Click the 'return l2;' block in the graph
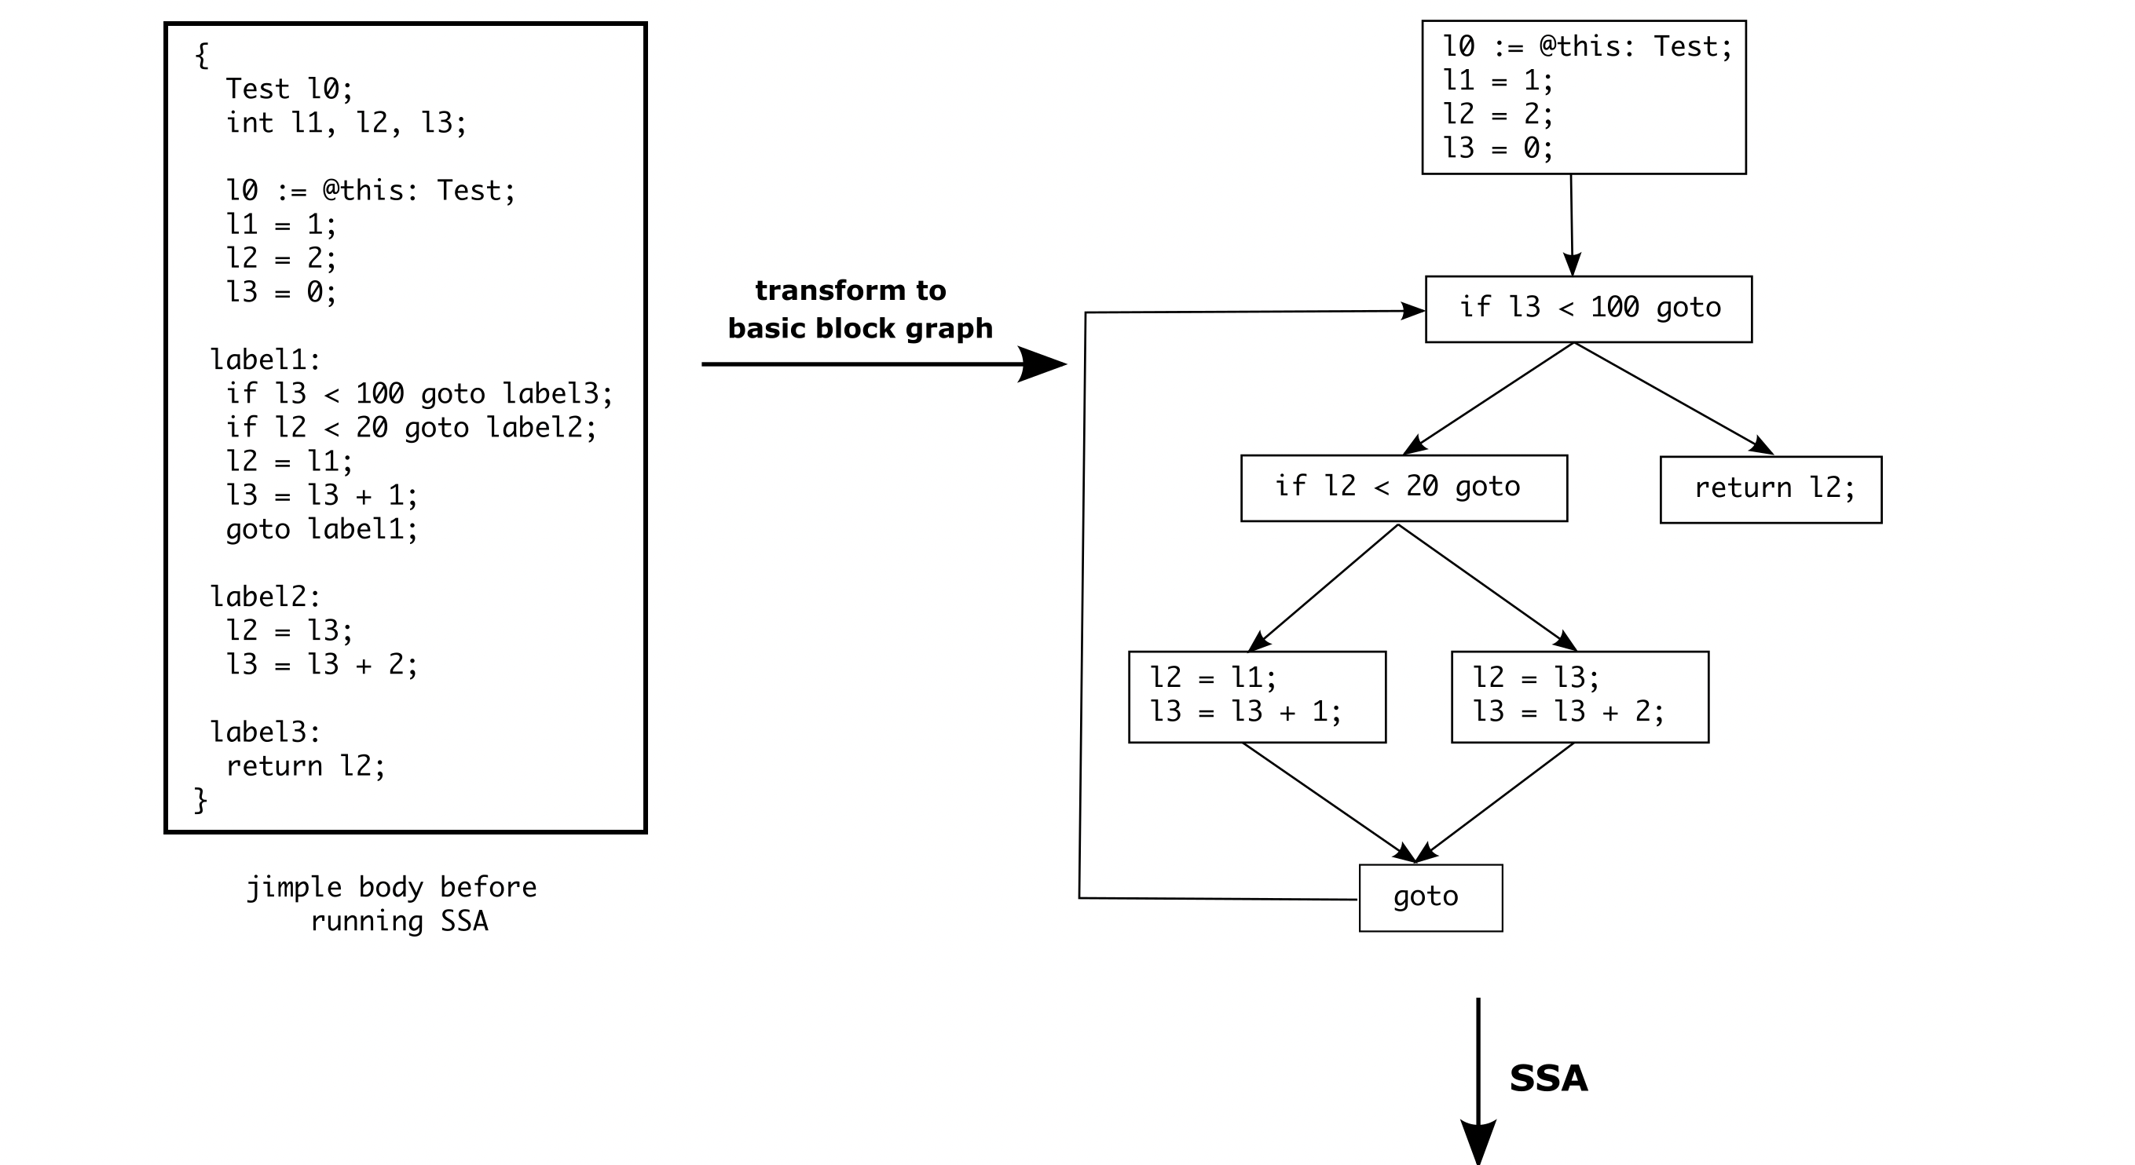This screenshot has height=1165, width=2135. (x=1771, y=489)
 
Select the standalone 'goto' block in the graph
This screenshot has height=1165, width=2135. (x=1430, y=897)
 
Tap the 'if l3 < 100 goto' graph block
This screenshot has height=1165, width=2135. (x=1588, y=309)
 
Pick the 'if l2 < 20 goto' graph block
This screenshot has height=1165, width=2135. (x=1403, y=488)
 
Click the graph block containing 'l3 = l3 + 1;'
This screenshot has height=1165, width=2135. (x=1257, y=696)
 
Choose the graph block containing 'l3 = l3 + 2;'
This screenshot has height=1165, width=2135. (x=1580, y=696)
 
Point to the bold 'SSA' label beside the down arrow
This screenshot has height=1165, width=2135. (x=1548, y=1078)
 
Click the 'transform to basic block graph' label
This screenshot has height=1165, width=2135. (x=859, y=309)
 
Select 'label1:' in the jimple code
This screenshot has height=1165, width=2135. (x=266, y=360)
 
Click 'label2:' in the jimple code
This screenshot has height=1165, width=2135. (x=266, y=597)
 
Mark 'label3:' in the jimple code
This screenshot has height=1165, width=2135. (x=266, y=732)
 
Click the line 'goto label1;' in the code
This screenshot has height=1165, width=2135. (x=321, y=528)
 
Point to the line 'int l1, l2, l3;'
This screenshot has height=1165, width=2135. (x=346, y=122)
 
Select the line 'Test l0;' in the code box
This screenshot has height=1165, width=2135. (x=289, y=89)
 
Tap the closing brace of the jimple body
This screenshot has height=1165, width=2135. (x=200, y=800)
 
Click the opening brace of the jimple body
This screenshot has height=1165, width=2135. (x=201, y=56)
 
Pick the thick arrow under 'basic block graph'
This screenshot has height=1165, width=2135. (x=883, y=363)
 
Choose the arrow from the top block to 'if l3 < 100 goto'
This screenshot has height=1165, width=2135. (x=1572, y=225)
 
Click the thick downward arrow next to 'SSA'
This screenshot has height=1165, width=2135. (x=1478, y=1077)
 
